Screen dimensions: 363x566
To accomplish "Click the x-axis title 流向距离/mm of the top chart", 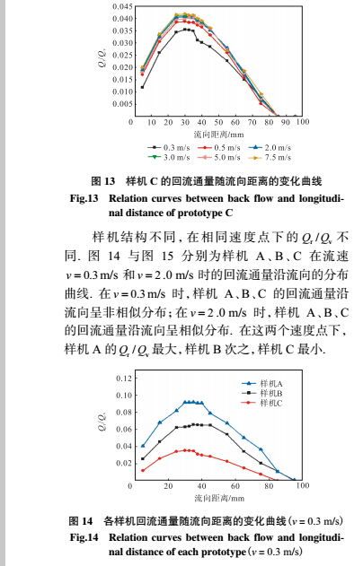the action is [x=216, y=133].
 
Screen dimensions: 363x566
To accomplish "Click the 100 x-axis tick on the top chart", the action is [x=302, y=122].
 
